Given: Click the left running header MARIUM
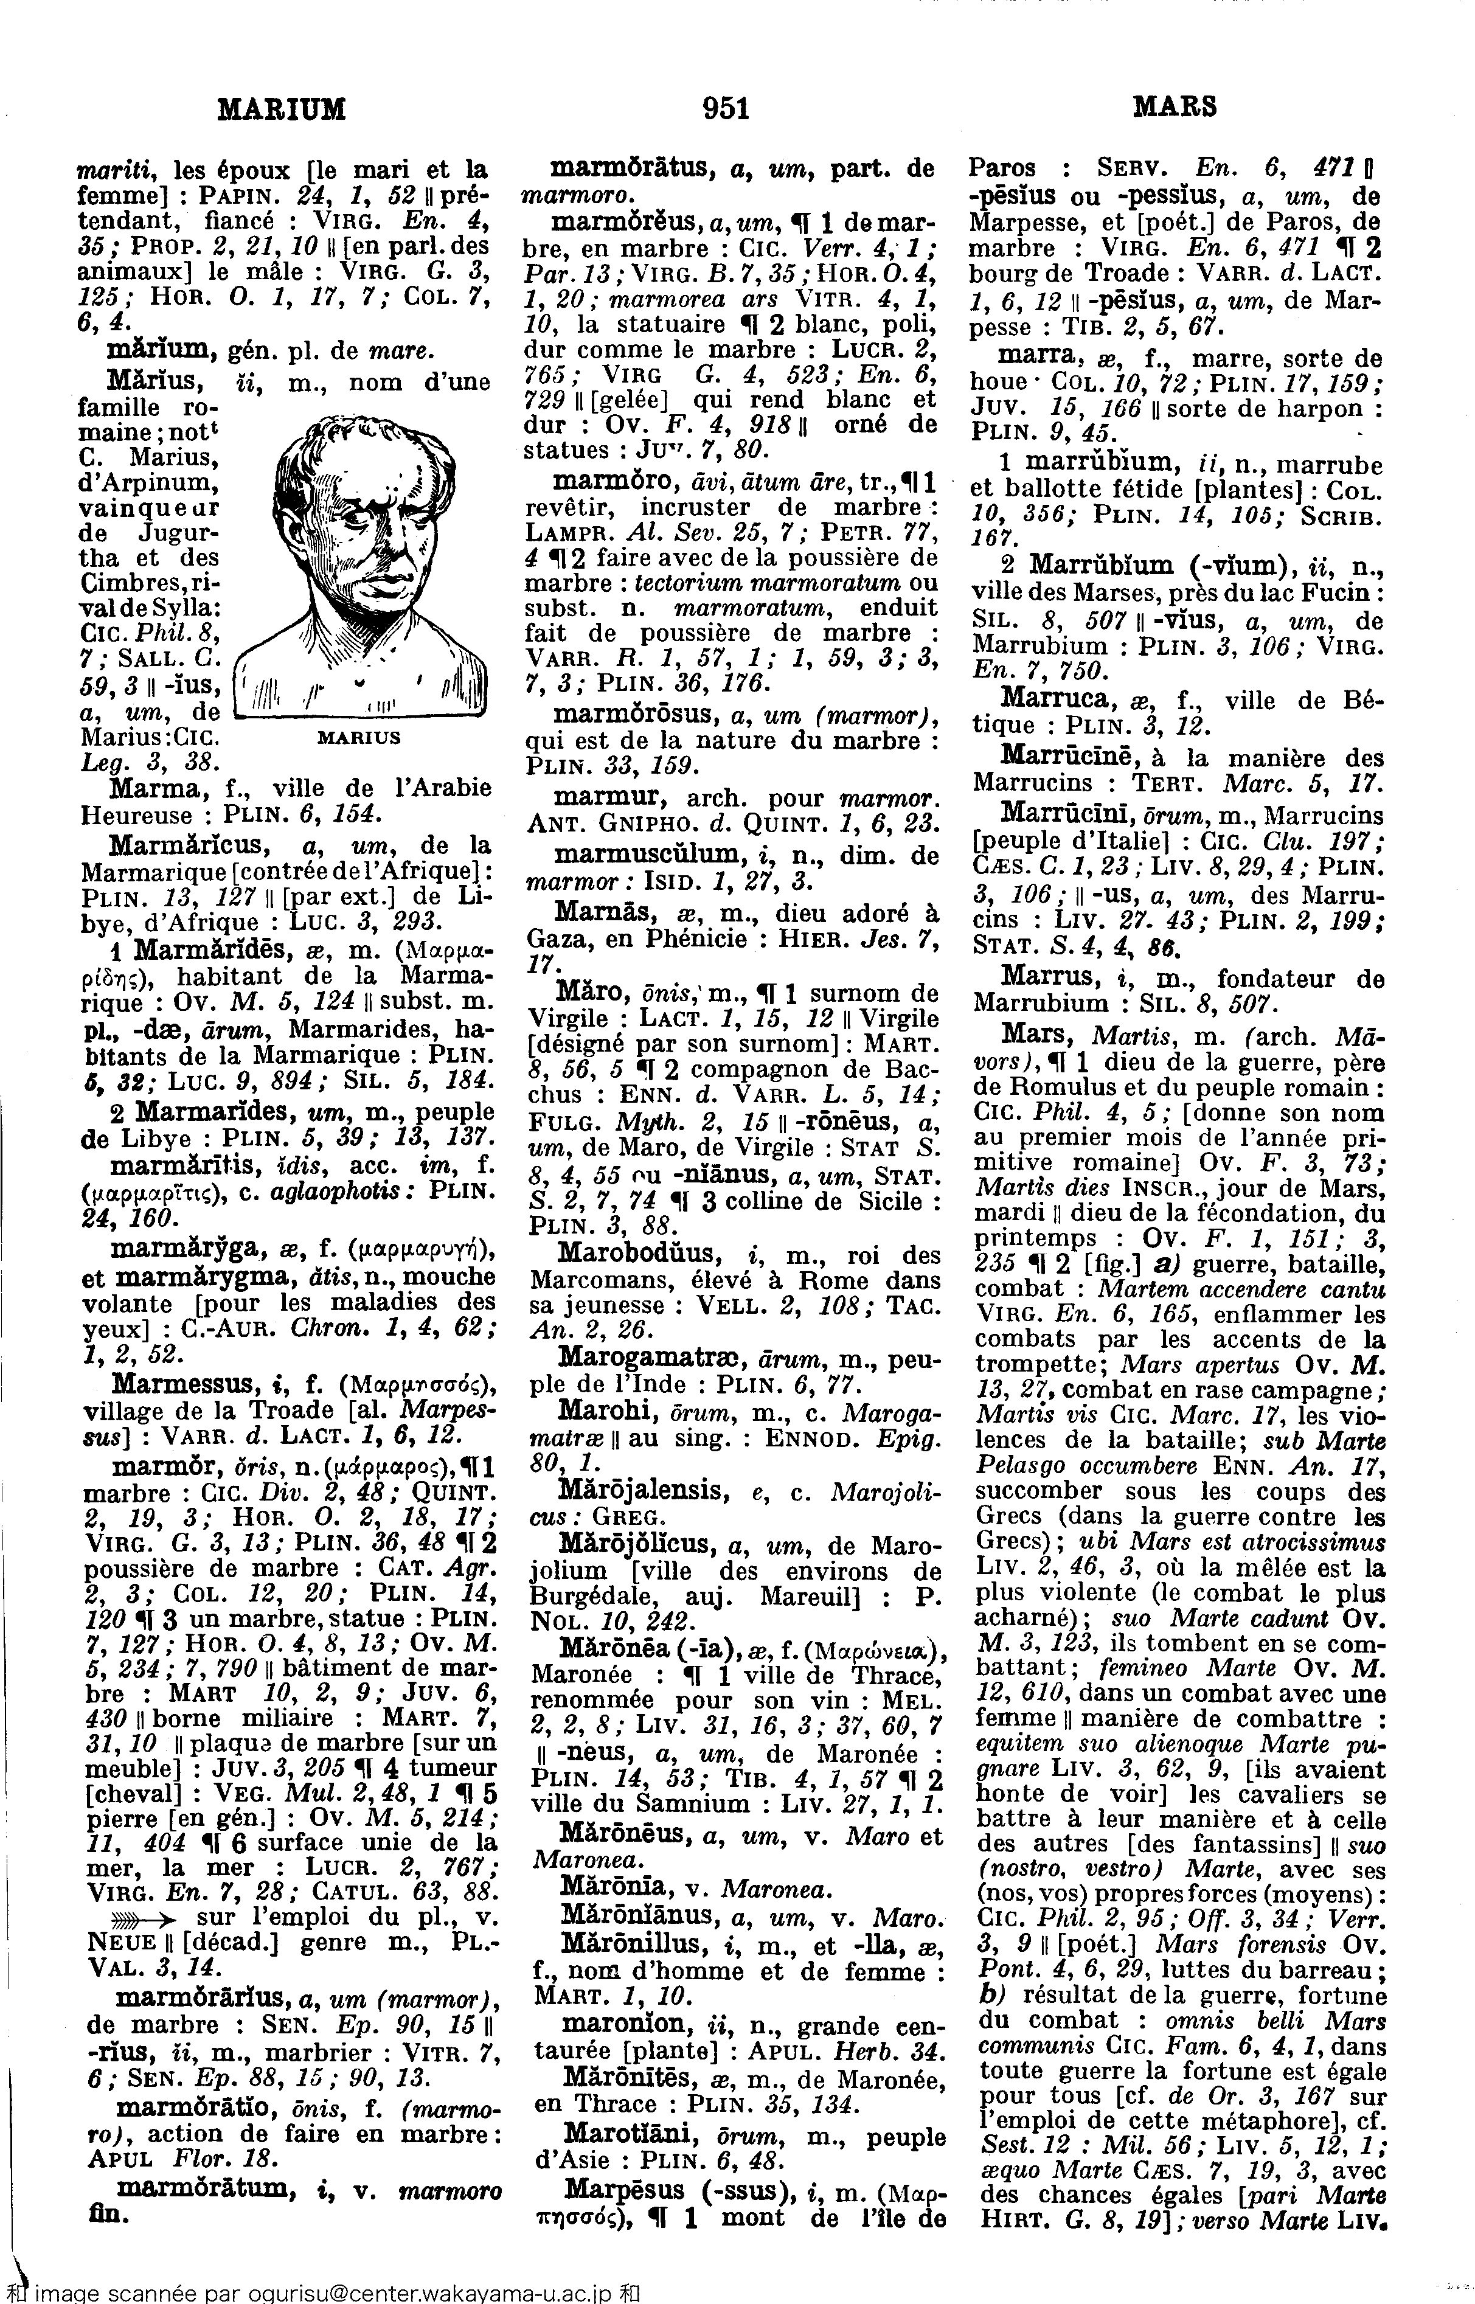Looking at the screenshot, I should click(282, 109).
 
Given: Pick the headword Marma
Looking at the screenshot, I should click(153, 788).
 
